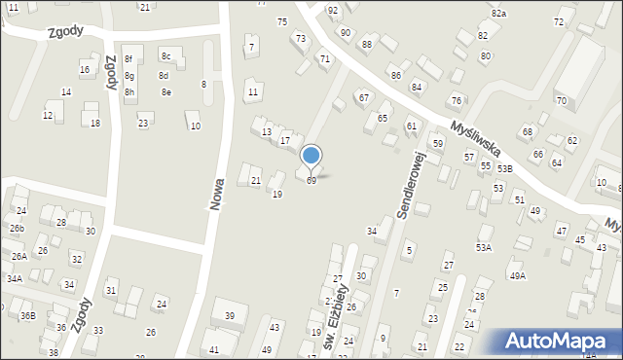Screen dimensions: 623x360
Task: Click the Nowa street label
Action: tap(217, 195)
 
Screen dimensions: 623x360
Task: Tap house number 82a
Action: tap(499, 14)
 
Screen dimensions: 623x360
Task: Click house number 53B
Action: tap(504, 168)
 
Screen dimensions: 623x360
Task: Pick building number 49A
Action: tap(517, 275)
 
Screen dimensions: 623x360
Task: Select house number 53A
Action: tap(484, 248)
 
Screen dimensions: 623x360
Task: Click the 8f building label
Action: tap(128, 59)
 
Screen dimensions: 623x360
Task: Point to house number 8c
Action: tap(165, 56)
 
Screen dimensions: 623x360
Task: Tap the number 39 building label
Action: tap(230, 316)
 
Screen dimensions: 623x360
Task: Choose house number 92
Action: tap(333, 10)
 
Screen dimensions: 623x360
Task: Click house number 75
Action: tap(282, 21)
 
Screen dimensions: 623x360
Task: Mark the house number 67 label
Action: tap(363, 97)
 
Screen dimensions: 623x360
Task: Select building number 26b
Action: tap(17, 229)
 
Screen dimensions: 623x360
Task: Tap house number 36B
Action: tap(28, 315)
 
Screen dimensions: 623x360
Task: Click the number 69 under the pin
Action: tap(311, 181)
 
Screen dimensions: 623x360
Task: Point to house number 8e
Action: tap(166, 92)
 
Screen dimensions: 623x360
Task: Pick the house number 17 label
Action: tap(285, 141)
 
